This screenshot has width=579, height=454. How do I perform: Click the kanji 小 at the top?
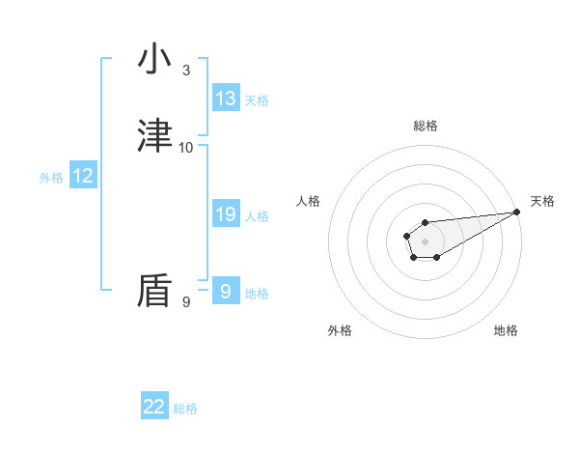tap(154, 59)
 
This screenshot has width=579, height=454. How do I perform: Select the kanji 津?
tap(154, 136)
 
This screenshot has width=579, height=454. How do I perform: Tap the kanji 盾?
tap(154, 291)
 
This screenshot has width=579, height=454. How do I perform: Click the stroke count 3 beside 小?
tap(185, 71)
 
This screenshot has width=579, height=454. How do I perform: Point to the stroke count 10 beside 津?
tap(186, 148)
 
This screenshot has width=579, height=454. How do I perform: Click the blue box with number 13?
tap(226, 99)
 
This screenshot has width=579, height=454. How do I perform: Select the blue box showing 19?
tap(226, 214)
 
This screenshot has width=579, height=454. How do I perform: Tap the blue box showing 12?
tap(83, 176)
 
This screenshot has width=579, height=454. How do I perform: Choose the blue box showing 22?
tap(154, 407)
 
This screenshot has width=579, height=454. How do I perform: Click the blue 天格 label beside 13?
tap(257, 100)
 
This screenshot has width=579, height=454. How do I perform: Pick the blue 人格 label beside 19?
tap(257, 216)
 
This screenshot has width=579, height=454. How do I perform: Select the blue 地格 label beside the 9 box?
tap(257, 294)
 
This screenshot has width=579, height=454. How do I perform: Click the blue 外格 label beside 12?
tap(51, 178)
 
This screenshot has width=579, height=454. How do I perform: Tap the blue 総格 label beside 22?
tap(185, 409)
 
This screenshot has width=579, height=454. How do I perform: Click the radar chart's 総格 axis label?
tap(426, 126)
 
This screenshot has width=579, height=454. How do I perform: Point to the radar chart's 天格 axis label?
tap(542, 201)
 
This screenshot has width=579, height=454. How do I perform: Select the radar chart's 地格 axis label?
tap(506, 330)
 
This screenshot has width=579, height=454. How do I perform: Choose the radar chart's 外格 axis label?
tap(340, 330)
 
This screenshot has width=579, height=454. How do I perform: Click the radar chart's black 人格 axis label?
tap(309, 201)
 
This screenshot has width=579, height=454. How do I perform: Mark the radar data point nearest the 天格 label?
tap(517, 212)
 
